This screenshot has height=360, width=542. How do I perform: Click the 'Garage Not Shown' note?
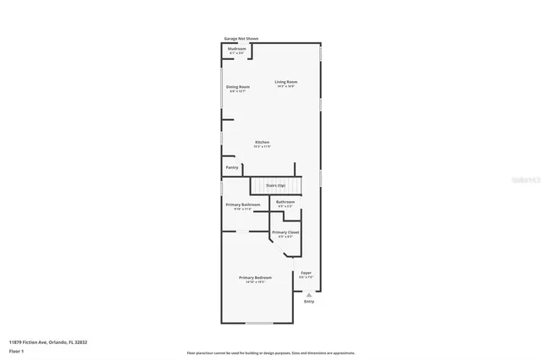(x=241, y=38)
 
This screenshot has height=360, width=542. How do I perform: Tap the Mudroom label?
(x=237, y=49)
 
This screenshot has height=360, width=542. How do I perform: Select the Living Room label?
(x=285, y=82)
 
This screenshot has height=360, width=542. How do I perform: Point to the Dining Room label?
(x=237, y=87)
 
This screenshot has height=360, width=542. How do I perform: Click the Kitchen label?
(x=262, y=142)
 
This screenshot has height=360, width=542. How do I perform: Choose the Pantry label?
(x=232, y=167)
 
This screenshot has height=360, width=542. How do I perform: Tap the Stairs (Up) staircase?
(x=275, y=185)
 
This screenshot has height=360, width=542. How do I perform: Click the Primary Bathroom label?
(x=242, y=205)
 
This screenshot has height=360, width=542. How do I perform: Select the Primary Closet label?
(x=285, y=232)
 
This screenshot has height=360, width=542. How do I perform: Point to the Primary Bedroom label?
(x=255, y=277)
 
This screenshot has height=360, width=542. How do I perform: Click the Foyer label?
(x=307, y=272)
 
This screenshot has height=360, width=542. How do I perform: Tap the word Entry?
(x=308, y=301)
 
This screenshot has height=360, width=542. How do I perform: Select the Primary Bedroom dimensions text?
(x=255, y=282)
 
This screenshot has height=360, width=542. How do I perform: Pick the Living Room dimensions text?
(x=285, y=86)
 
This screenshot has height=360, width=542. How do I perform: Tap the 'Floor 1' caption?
(x=16, y=350)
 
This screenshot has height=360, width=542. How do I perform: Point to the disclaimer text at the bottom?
(x=271, y=352)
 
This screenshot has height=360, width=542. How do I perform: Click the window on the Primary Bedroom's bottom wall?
(x=258, y=323)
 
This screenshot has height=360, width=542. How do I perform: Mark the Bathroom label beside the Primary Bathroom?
(x=285, y=201)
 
